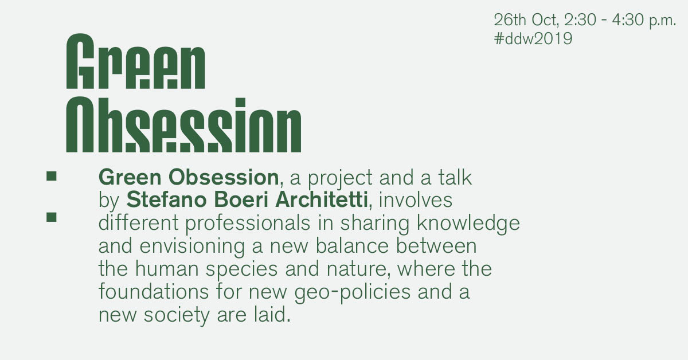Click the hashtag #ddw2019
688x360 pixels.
point(533,39)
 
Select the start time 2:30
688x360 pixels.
point(580,19)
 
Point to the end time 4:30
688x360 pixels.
point(628,19)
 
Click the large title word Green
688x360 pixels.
point(136,61)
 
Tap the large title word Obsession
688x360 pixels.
point(183,124)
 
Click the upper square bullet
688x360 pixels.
point(52,176)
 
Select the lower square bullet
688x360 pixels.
point(52,217)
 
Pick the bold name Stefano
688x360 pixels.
point(166,199)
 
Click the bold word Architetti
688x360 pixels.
point(322,199)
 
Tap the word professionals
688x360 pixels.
point(248,224)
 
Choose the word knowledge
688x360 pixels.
point(468,224)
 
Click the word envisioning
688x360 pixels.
point(192,246)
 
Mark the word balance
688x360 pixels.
point(352,246)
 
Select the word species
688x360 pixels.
point(242,269)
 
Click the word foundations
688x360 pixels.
point(154,292)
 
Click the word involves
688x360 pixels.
point(416,200)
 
